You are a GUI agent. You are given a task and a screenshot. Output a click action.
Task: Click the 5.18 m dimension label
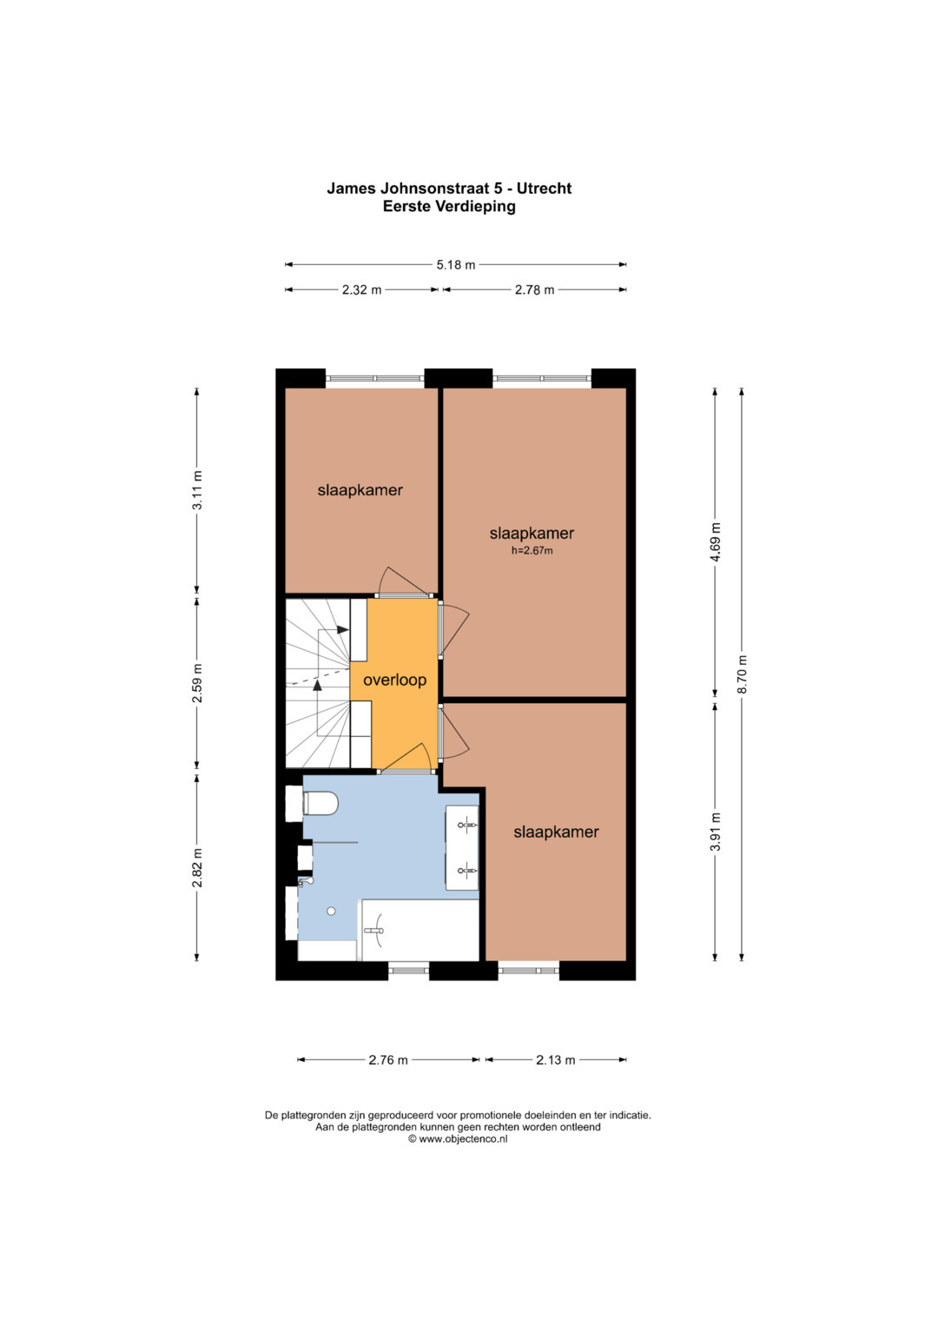click(455, 265)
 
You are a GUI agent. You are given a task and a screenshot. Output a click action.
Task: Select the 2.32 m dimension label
click(361, 289)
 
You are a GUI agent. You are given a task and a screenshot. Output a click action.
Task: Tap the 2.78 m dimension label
click(535, 289)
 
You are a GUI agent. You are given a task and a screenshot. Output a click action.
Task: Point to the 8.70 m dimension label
click(742, 674)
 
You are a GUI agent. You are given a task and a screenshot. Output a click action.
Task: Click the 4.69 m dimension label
click(716, 542)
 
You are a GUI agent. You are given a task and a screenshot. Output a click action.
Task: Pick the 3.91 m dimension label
click(716, 831)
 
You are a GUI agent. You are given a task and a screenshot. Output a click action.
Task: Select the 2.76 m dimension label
click(388, 1060)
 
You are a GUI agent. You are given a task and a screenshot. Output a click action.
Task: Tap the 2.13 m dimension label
click(556, 1060)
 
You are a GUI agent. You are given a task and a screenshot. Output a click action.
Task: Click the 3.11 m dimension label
click(198, 490)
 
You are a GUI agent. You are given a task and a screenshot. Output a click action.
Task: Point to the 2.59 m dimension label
click(198, 682)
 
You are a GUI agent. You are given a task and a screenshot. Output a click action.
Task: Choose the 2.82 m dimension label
click(198, 867)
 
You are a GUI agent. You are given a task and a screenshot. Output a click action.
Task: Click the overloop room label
click(394, 680)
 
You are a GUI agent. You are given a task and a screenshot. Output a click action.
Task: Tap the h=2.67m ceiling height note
click(532, 551)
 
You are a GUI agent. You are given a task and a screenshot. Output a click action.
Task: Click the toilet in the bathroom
click(320, 804)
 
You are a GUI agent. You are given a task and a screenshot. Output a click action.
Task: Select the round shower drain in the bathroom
click(331, 911)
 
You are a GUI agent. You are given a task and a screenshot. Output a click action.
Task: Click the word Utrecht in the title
click(545, 189)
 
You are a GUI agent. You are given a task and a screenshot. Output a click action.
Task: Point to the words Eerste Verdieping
click(449, 206)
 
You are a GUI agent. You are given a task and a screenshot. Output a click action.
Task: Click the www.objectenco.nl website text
click(462, 1138)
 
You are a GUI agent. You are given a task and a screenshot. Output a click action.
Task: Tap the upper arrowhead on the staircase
click(342, 629)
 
